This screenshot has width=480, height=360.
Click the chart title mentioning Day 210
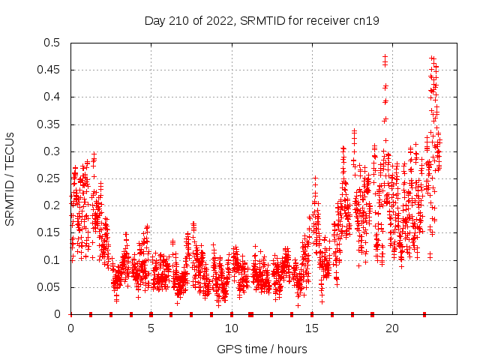pyautogui.click(x=262, y=21)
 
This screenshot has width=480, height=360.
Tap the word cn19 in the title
pyautogui.click(x=367, y=21)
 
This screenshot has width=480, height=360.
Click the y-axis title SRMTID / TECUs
pyautogui.click(x=10, y=179)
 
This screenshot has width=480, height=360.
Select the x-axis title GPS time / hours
pyautogui.click(x=262, y=349)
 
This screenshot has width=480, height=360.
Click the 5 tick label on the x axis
pyautogui.click(x=151, y=328)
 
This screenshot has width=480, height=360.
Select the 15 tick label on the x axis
pyautogui.click(x=311, y=328)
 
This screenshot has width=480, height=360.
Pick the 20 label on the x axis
pyautogui.click(x=391, y=328)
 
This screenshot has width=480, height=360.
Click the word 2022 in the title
pyautogui.click(x=216, y=21)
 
